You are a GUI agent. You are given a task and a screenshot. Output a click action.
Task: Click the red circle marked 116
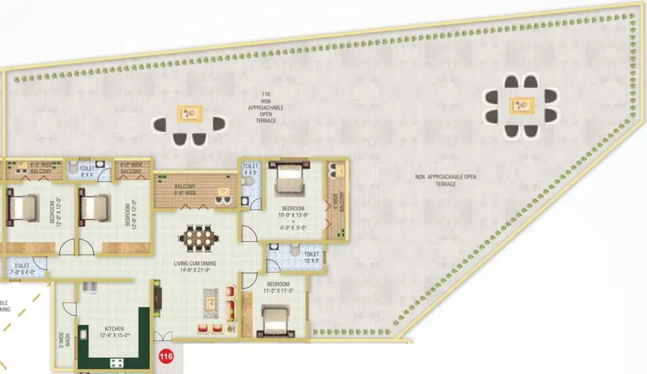click(166, 356)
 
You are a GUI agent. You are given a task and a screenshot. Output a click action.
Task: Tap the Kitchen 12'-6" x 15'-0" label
click(114, 332)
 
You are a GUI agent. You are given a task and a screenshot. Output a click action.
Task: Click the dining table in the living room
click(196, 238)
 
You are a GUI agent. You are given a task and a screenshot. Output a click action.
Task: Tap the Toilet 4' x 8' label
click(250, 169)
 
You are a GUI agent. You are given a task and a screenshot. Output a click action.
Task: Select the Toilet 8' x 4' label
click(88, 171)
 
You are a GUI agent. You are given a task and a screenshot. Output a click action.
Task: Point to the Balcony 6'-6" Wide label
click(185, 189)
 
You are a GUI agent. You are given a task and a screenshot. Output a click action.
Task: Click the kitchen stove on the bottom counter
click(117, 363)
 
